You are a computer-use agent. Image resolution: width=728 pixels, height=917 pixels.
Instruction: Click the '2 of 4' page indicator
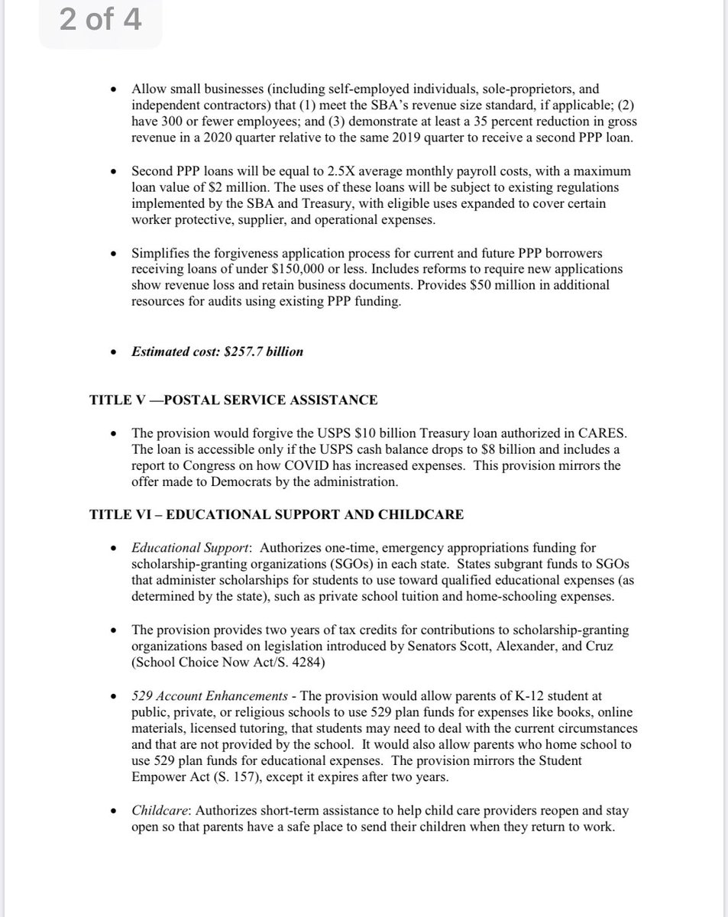point(100,19)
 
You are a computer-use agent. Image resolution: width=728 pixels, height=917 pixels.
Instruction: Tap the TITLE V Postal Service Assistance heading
point(233,400)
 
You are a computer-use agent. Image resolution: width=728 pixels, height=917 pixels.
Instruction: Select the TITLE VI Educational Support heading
point(276,514)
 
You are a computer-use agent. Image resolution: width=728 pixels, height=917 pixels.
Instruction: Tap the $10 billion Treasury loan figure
point(325,432)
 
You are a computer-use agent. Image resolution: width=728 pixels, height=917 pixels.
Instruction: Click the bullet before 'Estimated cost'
point(114,352)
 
